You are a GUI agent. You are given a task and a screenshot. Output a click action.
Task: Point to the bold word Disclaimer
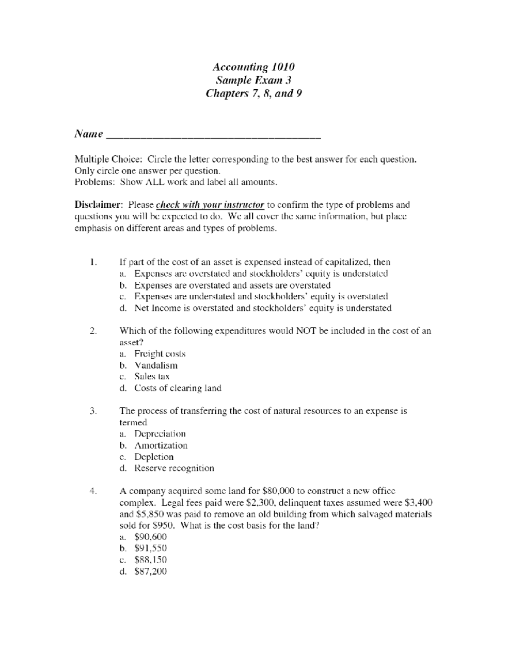99,205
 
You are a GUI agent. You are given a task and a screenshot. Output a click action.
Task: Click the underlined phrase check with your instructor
210,205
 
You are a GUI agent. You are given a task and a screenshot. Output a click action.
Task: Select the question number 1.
94,262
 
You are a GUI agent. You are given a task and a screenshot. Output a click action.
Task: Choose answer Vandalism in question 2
156,365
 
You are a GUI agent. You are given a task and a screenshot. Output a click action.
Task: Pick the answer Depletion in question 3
154,457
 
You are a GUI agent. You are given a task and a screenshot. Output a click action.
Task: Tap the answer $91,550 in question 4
150,548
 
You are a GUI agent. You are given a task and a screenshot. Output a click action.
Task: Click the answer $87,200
150,572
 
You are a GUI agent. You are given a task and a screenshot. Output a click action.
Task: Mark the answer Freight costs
160,354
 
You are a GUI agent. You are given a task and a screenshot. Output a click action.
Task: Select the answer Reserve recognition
174,468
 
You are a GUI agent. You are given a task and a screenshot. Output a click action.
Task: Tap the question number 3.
94,411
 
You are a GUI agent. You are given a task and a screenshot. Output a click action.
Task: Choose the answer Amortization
160,445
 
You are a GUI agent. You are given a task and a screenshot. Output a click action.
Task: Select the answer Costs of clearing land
178,388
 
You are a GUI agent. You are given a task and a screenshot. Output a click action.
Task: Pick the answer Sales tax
152,377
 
